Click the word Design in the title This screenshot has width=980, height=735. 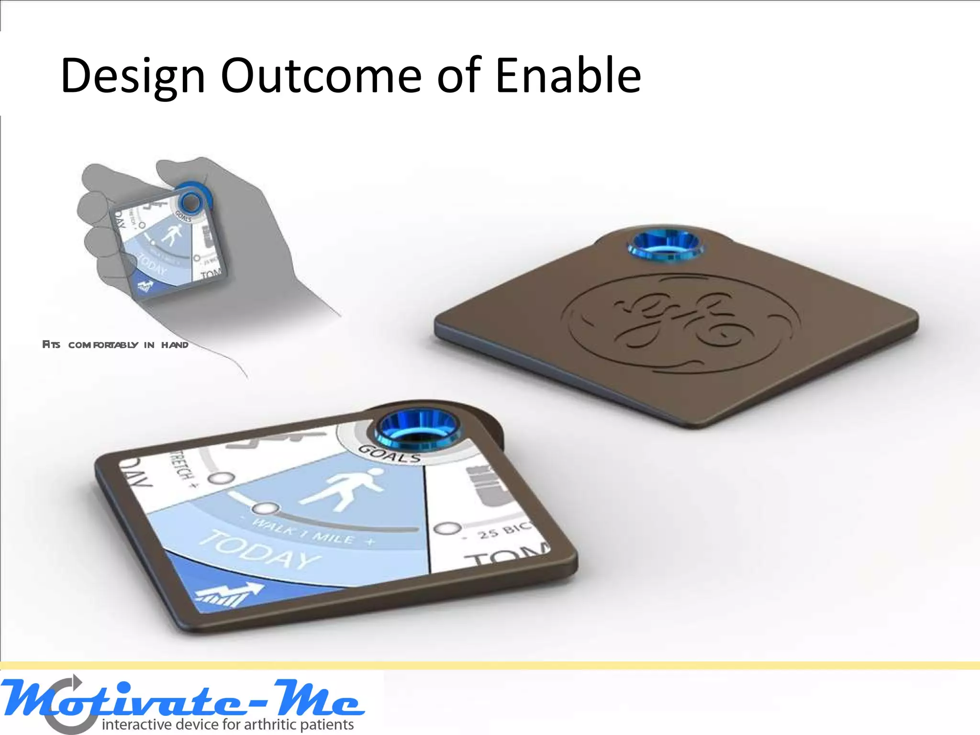133,77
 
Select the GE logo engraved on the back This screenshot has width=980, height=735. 679,323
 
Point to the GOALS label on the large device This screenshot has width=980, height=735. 389,454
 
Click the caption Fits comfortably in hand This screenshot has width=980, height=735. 115,345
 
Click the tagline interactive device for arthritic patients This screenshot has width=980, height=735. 228,724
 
